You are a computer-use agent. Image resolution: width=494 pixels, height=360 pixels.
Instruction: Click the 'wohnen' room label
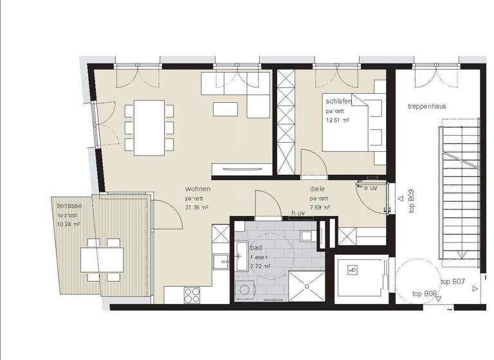click(x=197, y=189)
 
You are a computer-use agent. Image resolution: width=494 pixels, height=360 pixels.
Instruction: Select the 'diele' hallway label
click(x=316, y=189)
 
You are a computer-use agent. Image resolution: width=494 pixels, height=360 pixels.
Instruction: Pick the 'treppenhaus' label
click(x=426, y=106)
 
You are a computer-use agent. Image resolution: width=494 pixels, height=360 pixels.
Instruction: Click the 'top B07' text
click(x=452, y=282)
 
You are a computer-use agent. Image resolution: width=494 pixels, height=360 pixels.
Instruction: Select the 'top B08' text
click(x=425, y=294)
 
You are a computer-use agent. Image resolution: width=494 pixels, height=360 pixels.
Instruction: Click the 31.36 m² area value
click(x=196, y=207)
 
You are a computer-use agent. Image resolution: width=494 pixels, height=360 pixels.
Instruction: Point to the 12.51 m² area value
click(x=338, y=120)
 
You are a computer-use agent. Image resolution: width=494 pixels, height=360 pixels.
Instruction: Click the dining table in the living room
click(x=148, y=127)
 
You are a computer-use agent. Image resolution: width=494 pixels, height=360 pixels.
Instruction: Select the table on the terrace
click(x=102, y=260)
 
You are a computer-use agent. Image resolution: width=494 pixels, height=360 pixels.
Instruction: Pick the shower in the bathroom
click(x=306, y=287)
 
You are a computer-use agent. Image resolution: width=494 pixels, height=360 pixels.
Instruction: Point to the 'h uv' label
click(x=297, y=213)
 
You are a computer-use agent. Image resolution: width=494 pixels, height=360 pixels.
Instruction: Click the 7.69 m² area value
click(x=320, y=207)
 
